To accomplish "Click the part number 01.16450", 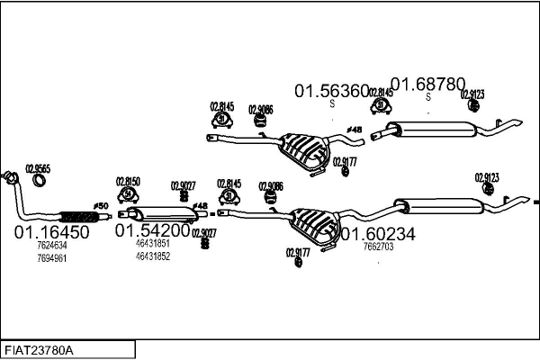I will point(51,232).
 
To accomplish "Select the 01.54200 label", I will point(152,230).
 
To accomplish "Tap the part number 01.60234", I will point(377,233).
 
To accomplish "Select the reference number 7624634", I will point(51,245).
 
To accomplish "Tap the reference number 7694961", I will point(51,257).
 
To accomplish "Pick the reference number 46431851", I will point(152,243).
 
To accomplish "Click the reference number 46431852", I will point(152,256).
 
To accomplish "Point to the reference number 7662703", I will point(377,246).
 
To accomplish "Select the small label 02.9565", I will point(38,167).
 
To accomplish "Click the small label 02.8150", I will point(128,181).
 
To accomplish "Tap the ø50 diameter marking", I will point(101,206).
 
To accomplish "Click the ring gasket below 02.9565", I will point(40,183).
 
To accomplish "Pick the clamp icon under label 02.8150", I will point(129,194).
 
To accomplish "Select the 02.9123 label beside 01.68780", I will point(473,93).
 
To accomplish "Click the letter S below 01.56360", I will point(332,104).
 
